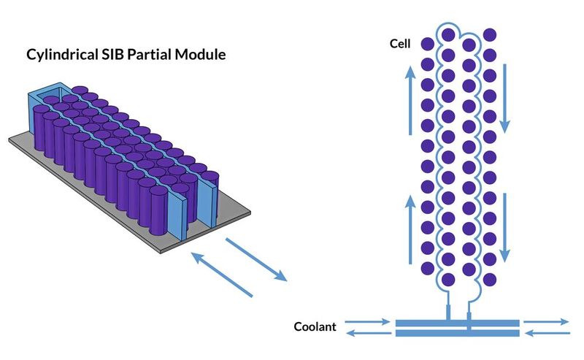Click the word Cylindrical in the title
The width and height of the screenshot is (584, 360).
click(x=62, y=55)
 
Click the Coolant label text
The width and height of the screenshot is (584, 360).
click(x=315, y=327)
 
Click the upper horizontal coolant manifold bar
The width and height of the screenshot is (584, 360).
click(x=457, y=322)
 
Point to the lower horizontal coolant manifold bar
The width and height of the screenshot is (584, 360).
click(x=457, y=333)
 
